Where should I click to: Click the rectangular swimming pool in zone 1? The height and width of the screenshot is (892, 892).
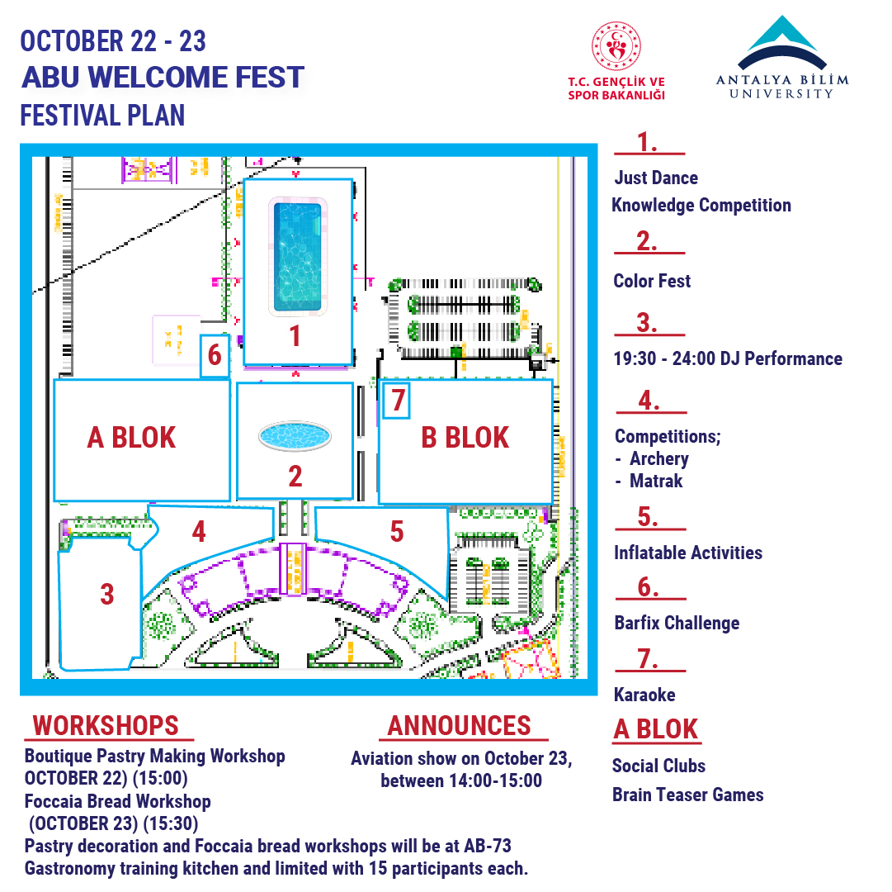click(298, 258)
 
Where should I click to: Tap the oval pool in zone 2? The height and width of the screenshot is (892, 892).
click(295, 437)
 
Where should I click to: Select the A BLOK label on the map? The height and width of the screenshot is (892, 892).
click(131, 438)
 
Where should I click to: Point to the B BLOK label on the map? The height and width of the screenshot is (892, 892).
click(465, 438)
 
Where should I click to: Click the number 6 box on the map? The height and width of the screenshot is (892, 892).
click(215, 356)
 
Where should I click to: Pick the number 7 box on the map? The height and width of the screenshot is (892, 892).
click(397, 401)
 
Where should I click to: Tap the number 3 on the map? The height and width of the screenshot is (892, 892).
click(107, 595)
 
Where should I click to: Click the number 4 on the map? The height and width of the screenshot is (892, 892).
click(199, 532)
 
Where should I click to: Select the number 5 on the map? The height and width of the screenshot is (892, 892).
click(397, 532)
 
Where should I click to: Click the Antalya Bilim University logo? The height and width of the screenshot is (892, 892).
click(782, 58)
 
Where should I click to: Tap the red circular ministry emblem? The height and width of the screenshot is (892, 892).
click(616, 47)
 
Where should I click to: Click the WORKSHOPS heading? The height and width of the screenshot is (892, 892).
click(106, 726)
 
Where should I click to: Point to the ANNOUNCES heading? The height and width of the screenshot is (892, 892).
click(459, 726)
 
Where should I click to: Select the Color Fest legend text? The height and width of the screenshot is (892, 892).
click(652, 281)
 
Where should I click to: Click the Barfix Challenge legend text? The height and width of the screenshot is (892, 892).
click(677, 623)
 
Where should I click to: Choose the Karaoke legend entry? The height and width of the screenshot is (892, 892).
click(644, 695)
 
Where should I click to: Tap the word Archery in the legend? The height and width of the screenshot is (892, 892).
click(659, 459)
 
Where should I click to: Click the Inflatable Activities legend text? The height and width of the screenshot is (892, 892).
click(688, 553)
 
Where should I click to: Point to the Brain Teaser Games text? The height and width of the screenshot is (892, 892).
click(688, 795)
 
